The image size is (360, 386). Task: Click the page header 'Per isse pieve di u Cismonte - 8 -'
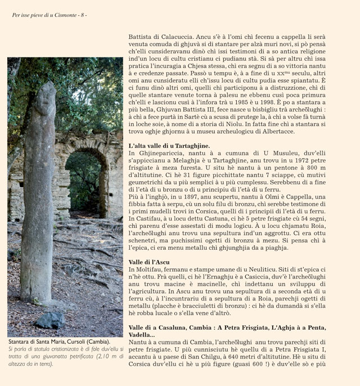pos(49,15)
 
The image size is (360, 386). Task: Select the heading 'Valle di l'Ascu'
pos(149,262)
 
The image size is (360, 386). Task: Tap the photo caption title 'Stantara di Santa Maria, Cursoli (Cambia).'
pos(59,342)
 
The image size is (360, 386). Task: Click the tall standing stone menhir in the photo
pos(39,191)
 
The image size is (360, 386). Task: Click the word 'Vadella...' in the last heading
pos(142,335)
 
